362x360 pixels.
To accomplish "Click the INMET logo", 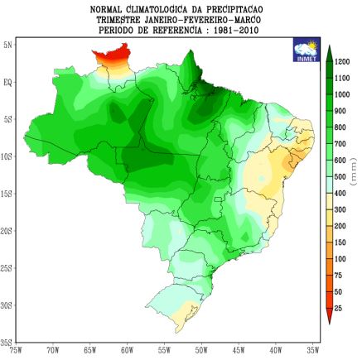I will (305, 50).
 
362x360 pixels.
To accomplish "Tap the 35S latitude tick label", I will (8, 341).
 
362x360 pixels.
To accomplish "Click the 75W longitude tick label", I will (15, 351).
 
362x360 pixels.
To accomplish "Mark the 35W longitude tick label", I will (313, 351).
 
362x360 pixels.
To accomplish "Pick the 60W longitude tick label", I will (127, 351).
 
